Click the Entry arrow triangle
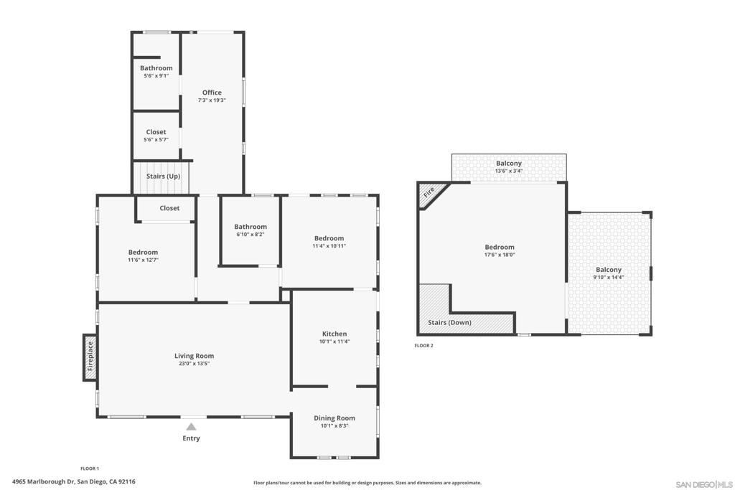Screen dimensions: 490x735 point(191,427)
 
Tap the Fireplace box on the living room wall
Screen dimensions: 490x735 point(90,354)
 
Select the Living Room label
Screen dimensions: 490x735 point(194,356)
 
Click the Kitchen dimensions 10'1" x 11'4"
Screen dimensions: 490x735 point(334,341)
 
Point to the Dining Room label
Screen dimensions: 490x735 point(334,418)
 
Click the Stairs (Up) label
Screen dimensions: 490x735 point(163,176)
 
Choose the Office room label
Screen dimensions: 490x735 point(212,93)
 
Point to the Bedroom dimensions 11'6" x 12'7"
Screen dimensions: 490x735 point(143,260)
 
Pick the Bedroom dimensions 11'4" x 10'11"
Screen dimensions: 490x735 point(329,246)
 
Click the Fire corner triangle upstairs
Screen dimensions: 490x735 point(429,193)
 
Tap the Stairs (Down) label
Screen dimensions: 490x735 point(449,323)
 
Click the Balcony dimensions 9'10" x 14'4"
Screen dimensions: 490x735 point(608,277)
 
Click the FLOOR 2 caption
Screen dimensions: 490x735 point(423,346)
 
